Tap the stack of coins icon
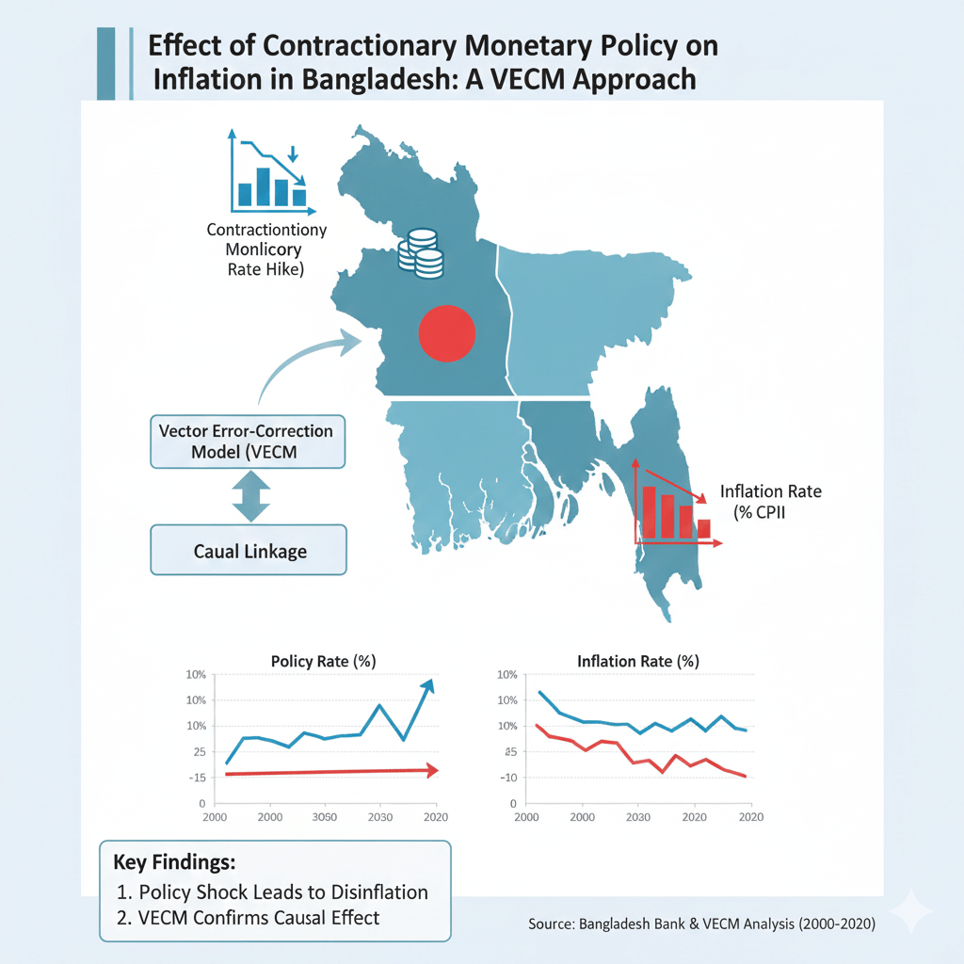click(x=420, y=252)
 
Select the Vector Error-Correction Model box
click(x=248, y=440)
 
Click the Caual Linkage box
click(x=248, y=551)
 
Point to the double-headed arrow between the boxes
click(x=250, y=496)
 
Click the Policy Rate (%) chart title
click(x=324, y=661)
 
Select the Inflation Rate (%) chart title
click(x=637, y=661)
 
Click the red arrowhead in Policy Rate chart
click(x=431, y=770)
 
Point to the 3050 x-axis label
click(x=325, y=816)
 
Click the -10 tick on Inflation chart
click(x=509, y=778)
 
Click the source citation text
click(x=701, y=924)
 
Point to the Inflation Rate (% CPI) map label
click(x=769, y=501)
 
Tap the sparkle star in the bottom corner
click(x=910, y=911)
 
